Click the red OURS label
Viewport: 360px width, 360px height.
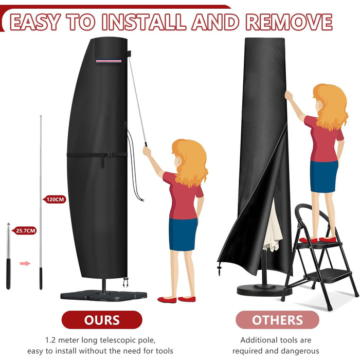click(x=102, y=319)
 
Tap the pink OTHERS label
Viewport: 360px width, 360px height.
click(x=277, y=319)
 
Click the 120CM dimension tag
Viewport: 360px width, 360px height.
click(x=55, y=200)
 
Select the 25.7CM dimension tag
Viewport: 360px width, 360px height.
click(x=25, y=230)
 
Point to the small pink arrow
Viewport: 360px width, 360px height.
click(x=25, y=263)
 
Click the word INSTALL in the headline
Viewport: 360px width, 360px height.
click(x=143, y=22)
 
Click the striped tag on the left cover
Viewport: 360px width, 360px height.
click(x=109, y=61)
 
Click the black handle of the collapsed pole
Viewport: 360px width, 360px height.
click(x=8, y=274)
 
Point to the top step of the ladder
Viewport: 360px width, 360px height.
click(x=318, y=245)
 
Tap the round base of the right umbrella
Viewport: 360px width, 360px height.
click(x=264, y=290)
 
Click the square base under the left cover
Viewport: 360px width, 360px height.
click(x=103, y=296)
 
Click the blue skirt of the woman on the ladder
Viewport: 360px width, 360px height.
click(x=323, y=176)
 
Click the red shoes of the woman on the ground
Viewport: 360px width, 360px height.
click(x=176, y=299)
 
